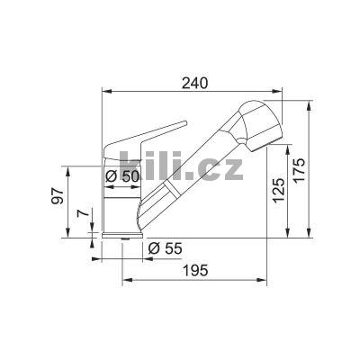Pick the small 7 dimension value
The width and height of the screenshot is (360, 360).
point(80,215)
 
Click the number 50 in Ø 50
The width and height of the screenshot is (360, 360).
point(130,176)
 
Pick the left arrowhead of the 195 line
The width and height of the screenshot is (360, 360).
point(123,280)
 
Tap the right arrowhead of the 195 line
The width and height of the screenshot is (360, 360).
point(267,280)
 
